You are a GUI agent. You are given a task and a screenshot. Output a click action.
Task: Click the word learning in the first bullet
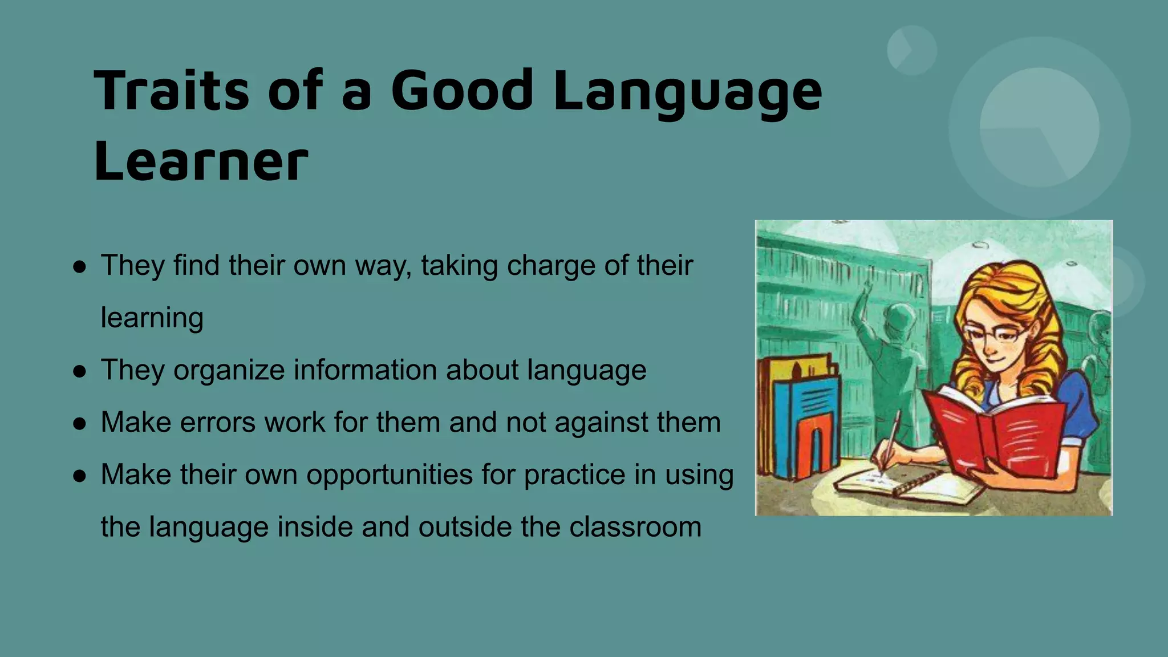[152, 318]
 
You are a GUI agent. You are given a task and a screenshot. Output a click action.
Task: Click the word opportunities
[390, 474]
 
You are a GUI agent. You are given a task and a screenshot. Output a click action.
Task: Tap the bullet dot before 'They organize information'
[80, 371]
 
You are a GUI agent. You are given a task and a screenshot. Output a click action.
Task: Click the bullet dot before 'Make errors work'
[80, 424]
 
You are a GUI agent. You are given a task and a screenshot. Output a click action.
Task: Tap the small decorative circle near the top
[911, 50]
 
